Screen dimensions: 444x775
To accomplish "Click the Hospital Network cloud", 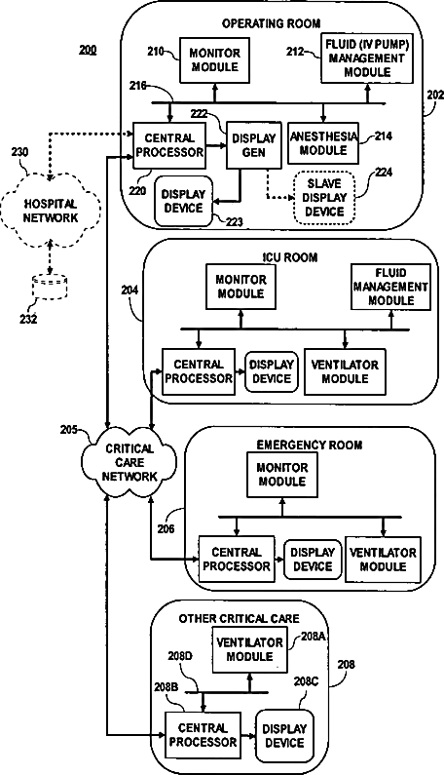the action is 51,211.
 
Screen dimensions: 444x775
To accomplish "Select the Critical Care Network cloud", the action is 129,463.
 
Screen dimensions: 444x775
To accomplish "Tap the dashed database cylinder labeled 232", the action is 50,287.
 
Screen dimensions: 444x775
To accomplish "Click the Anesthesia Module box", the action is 323,143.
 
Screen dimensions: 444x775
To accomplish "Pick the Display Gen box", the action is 254,145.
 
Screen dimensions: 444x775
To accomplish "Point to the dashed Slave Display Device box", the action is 324,198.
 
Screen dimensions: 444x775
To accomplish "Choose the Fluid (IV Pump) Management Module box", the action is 367,58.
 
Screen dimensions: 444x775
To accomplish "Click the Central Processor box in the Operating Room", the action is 169,145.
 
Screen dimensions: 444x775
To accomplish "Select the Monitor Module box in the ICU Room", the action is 241,287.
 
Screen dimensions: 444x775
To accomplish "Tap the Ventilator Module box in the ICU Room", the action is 345,371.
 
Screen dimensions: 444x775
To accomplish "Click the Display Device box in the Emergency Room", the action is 313,560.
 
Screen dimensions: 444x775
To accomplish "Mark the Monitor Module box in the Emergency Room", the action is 282,475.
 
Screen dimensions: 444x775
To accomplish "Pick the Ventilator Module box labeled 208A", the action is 250,649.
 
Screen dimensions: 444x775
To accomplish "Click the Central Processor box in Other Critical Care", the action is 203,735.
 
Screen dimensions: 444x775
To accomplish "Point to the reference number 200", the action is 88,50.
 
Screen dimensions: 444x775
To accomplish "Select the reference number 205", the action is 69,429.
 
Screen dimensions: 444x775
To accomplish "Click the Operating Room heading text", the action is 271,23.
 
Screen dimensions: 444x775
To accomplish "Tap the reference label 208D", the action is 181,656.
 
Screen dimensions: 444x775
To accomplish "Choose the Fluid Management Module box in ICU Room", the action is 390,287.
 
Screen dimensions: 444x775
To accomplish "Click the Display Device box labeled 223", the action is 184,201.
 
